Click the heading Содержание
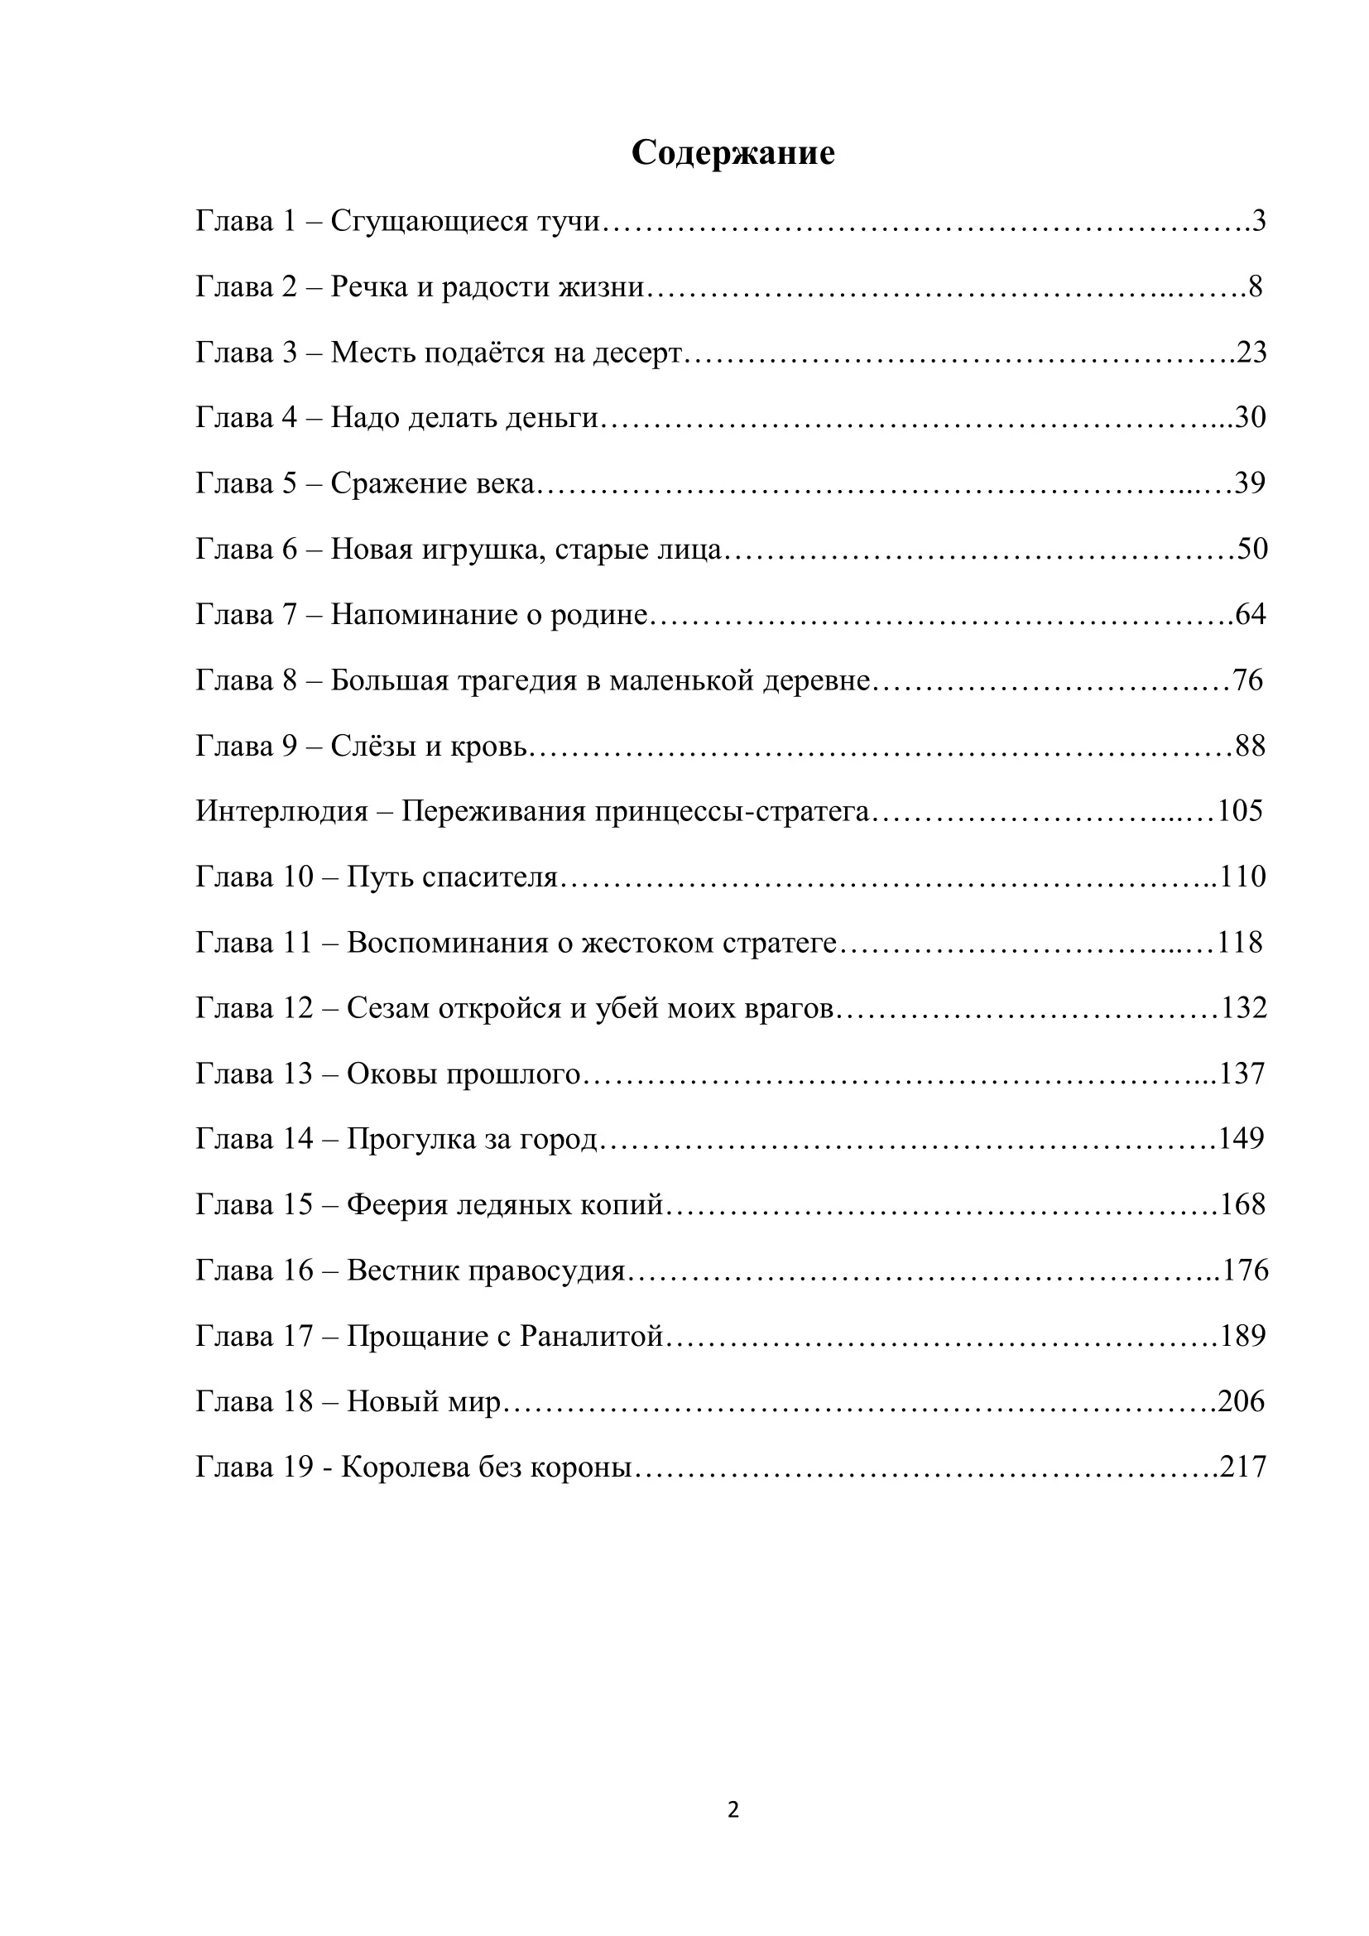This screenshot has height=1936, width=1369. point(733,152)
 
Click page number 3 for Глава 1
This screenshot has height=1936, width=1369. point(1259,221)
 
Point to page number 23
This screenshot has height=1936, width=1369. point(1251,353)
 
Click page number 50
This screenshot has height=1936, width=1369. point(1251,549)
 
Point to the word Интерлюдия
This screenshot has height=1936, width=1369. point(281,811)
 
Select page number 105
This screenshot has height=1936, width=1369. point(1240,811)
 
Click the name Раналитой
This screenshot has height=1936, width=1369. point(592,1337)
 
